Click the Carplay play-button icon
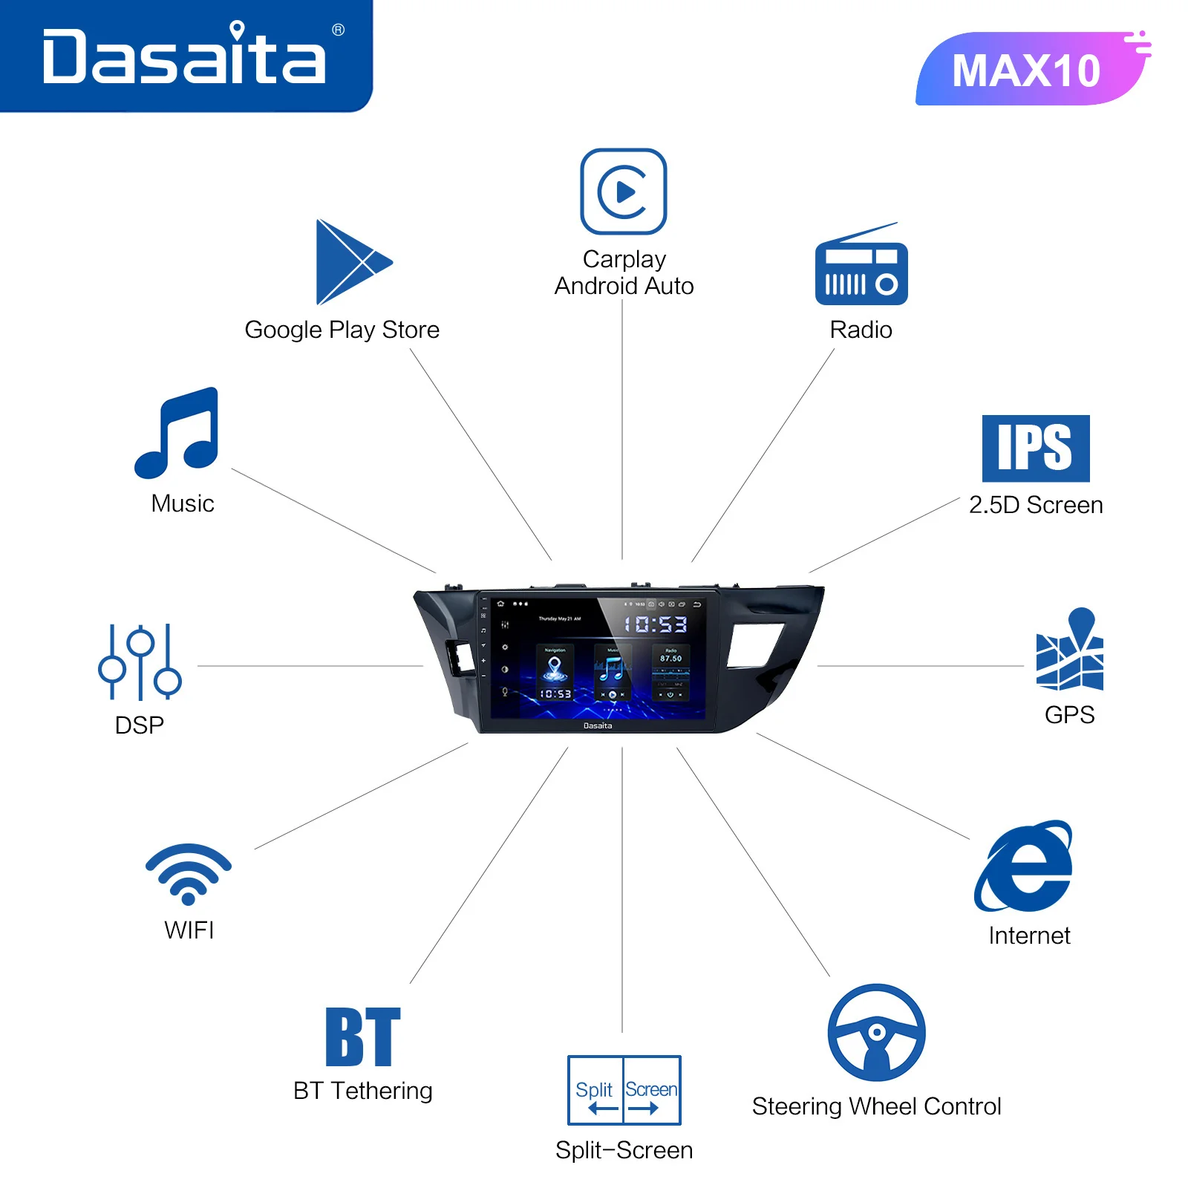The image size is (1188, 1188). pos(624,192)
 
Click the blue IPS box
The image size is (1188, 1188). pos(1035,448)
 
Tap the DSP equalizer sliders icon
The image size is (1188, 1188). pos(140,662)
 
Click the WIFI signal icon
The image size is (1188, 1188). pos(189,873)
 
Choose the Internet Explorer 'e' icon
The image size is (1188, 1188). pos(1025,867)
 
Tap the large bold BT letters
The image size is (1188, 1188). pos(363,1037)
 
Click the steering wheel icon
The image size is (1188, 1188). pos(876,1032)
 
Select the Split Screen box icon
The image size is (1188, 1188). pos(624,1090)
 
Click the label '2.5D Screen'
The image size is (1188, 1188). pos(1036,505)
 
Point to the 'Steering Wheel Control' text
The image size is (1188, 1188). pos(876,1106)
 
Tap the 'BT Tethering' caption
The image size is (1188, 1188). pos(363,1091)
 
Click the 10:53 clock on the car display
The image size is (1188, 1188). pos(655,624)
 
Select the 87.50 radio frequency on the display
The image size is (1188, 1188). pos(670,659)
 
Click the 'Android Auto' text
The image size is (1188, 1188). pos(624,286)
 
